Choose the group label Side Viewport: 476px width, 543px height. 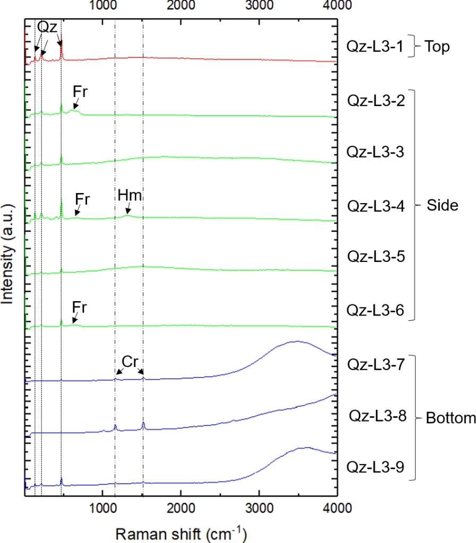442,205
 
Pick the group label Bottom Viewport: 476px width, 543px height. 451,418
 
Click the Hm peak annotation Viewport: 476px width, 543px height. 130,195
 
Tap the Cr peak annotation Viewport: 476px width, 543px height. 130,361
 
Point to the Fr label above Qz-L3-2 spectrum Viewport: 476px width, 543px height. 80,91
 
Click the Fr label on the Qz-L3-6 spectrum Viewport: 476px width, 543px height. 80,307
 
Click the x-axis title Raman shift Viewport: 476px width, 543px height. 181,533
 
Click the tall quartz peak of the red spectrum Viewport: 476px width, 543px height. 62,42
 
